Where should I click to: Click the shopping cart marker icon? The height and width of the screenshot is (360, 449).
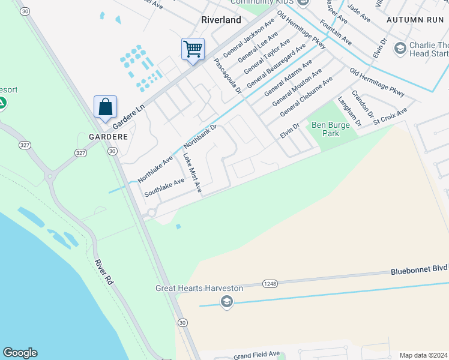(193, 49)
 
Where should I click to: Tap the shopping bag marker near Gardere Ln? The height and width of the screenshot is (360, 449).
(105, 107)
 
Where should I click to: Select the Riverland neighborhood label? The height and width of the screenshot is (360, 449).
(221, 20)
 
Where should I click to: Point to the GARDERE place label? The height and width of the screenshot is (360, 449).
(109, 137)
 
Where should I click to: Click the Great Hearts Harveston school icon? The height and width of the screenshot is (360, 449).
(226, 301)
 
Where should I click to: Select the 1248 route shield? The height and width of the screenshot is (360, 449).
(270, 283)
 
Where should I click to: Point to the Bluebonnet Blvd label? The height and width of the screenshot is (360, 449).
(420, 271)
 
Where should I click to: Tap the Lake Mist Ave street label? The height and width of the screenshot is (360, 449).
(191, 174)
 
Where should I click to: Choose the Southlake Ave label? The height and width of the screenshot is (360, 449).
(164, 188)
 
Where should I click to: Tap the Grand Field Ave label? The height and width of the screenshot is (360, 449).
(257, 354)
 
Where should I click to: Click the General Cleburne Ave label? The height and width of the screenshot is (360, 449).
(306, 97)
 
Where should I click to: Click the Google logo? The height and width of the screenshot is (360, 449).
(20, 353)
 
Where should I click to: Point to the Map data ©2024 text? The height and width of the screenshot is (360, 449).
(423, 355)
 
